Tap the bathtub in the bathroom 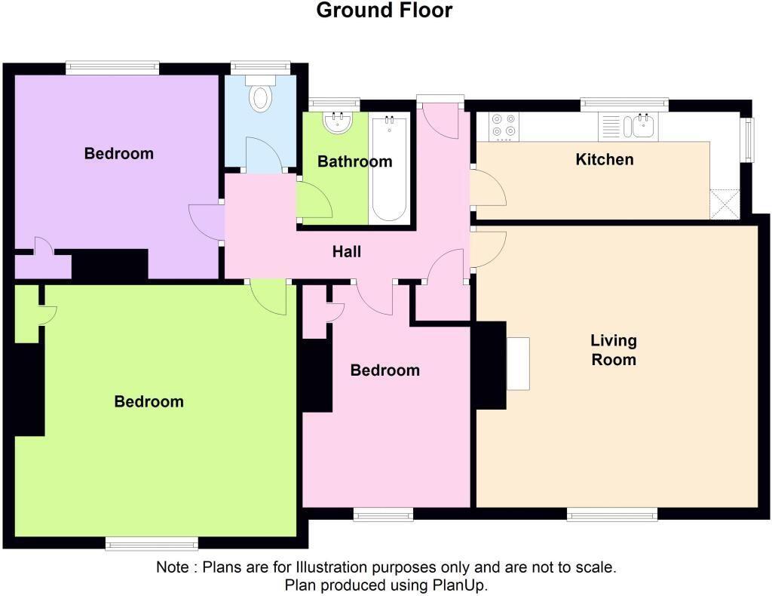pos(389,167)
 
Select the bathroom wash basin pos(336,123)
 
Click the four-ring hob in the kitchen pos(504,127)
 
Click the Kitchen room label pos(605,159)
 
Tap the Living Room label pos(614,350)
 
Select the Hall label pos(347,252)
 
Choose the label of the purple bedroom pos(118,154)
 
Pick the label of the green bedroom pos(149,401)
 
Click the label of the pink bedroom pos(384,370)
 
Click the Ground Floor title pos(384,11)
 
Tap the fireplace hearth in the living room pos(518,364)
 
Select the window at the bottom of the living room pos(612,515)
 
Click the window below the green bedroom pos(152,543)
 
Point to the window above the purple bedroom pos(112,68)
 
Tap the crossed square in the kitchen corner pos(723,203)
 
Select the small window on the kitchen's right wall pos(749,140)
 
